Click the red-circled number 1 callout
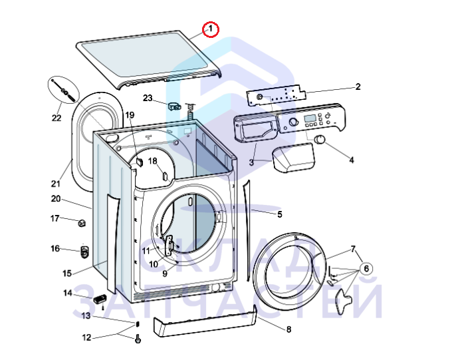(211, 29)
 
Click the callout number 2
(358, 87)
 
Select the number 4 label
(352, 160)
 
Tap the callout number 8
(288, 329)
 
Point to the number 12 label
(86, 337)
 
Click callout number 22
(57, 118)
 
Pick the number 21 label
(56, 184)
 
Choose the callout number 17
(55, 218)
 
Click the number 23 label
(148, 98)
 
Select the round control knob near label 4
(320, 139)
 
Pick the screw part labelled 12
(138, 339)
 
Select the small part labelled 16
(84, 252)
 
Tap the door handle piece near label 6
(344, 297)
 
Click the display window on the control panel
(310, 120)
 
